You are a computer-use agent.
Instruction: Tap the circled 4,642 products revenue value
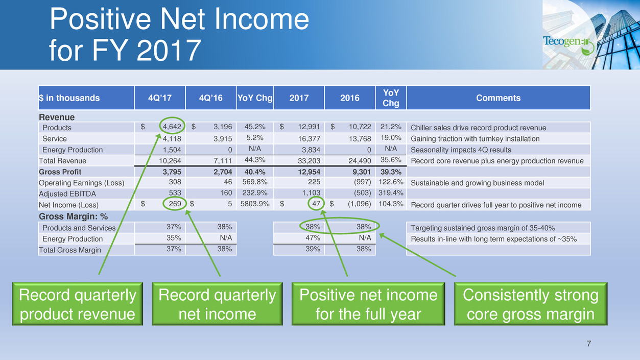click(x=172, y=127)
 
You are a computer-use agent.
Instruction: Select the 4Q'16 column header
click(x=210, y=98)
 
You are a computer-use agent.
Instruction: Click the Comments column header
click(x=499, y=98)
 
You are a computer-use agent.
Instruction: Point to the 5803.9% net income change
click(x=254, y=204)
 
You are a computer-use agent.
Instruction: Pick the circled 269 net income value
click(x=175, y=204)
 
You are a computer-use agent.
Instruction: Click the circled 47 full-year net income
click(x=316, y=204)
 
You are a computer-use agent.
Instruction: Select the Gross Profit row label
click(x=60, y=172)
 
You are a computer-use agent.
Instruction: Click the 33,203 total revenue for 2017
click(x=309, y=161)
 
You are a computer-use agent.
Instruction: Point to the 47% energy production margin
click(x=313, y=238)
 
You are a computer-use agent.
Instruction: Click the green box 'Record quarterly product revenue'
click(x=78, y=304)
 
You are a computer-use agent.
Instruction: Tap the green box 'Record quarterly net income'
click(x=217, y=304)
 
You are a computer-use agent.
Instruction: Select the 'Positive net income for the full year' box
click(x=368, y=304)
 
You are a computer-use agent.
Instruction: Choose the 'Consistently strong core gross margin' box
click(x=531, y=304)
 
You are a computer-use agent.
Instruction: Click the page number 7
click(x=589, y=344)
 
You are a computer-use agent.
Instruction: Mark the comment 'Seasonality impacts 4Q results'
click(x=461, y=150)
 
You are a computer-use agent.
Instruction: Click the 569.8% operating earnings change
click(x=254, y=182)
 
